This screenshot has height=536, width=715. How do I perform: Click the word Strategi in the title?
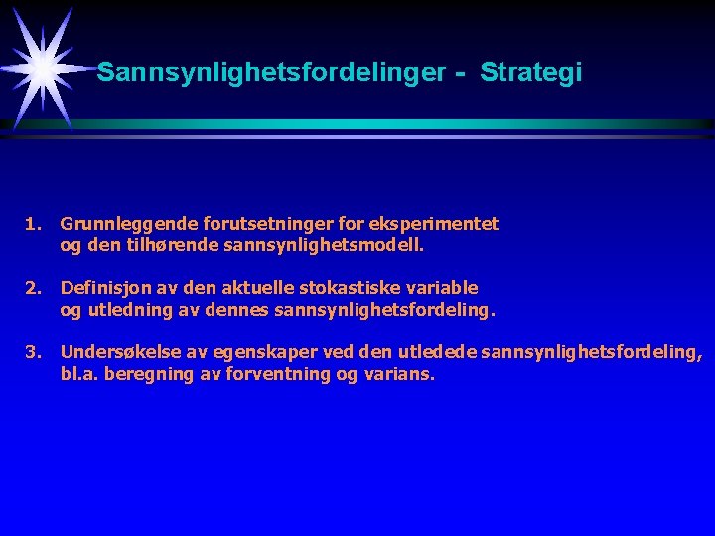(x=531, y=73)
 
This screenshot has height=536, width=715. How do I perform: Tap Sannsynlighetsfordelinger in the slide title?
(x=267, y=73)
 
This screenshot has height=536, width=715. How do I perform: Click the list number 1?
(x=34, y=225)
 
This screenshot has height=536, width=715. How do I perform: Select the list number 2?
(x=34, y=288)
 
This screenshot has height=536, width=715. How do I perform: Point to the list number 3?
(x=34, y=350)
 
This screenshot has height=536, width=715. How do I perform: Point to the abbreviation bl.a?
(x=77, y=376)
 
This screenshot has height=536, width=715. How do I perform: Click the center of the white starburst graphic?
(x=44, y=68)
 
